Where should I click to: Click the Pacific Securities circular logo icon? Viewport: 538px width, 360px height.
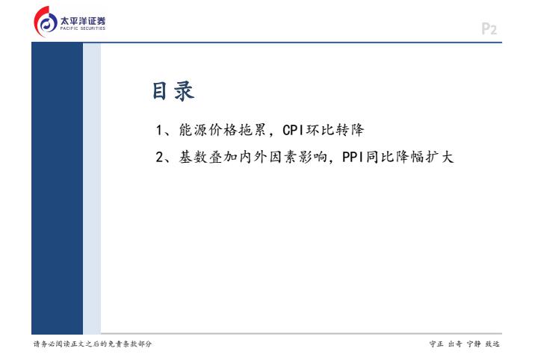click(x=46, y=22)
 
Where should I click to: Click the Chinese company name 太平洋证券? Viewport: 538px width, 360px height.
click(x=83, y=21)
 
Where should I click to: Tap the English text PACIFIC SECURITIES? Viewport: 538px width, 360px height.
click(x=83, y=28)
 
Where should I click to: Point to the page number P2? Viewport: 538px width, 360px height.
click(x=489, y=29)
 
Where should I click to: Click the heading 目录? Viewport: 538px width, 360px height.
click(x=173, y=91)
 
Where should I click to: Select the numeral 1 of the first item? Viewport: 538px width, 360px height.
click(x=159, y=130)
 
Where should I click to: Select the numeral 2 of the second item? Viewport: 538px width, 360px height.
click(x=159, y=158)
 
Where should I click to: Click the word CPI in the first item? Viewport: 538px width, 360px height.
click(x=294, y=130)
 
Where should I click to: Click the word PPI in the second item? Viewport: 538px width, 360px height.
click(x=353, y=158)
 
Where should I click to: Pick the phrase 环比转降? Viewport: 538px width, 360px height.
click(x=335, y=130)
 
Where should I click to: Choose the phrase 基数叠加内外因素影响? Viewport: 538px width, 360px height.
click(x=253, y=158)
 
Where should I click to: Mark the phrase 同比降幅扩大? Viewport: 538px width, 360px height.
click(x=409, y=158)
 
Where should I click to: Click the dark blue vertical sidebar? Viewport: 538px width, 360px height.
click(x=57, y=188)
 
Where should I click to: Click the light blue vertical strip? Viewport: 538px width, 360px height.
click(x=92, y=188)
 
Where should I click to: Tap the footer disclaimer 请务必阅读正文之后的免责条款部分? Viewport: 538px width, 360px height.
click(x=93, y=344)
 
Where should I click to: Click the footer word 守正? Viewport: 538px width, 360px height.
click(x=436, y=344)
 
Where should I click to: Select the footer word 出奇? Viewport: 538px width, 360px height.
click(x=455, y=344)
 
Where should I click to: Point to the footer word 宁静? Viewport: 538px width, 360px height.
click(x=474, y=344)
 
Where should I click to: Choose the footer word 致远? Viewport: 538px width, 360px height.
click(x=492, y=344)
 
